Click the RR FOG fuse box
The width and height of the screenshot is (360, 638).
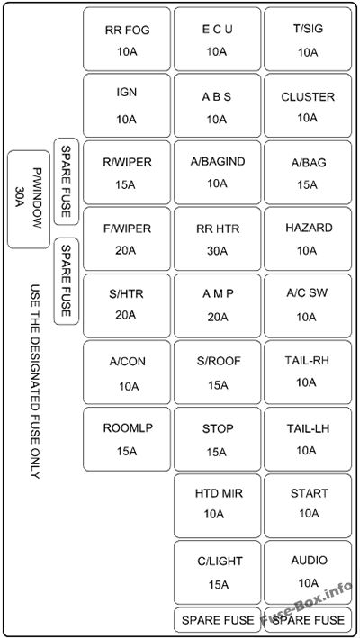pos(127,39)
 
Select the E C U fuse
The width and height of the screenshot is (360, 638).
pos(217,39)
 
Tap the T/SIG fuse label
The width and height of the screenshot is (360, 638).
pos(308,30)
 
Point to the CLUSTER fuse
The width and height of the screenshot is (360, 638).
pos(308,105)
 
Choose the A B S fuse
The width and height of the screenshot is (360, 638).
pos(217,105)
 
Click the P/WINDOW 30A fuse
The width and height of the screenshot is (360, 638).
pos(29,200)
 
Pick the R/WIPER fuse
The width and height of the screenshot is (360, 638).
pos(127,172)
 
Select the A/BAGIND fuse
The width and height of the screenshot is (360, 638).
pos(217,172)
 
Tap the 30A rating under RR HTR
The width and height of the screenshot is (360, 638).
pos(217,251)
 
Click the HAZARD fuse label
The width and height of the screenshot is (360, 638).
pos(309,228)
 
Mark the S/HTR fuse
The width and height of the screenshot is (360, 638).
pos(127,306)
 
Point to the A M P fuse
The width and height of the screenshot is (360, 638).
pos(217,306)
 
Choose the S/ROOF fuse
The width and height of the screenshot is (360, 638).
pos(217,373)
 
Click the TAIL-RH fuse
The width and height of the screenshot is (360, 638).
pos(308,373)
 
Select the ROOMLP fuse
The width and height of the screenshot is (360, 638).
pos(127,439)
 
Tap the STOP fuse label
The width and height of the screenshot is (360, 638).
pos(218,429)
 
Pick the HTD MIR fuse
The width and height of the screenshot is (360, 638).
pos(217,506)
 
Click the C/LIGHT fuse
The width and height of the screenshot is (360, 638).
pos(217,572)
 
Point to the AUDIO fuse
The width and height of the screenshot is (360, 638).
pos(308,572)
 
